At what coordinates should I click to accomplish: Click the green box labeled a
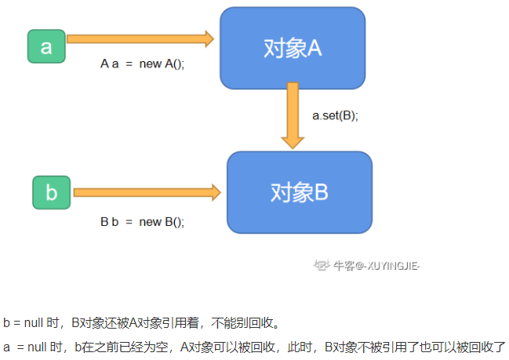click(46, 46)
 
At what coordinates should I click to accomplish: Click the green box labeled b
click(52, 193)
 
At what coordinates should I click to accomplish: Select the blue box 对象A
click(293, 48)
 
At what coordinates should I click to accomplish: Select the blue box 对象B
click(299, 192)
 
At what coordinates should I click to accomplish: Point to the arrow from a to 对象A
click(140, 38)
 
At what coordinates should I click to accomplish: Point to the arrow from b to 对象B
click(145, 191)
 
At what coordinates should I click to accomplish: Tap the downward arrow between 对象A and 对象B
click(293, 115)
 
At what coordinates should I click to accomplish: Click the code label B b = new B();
click(143, 222)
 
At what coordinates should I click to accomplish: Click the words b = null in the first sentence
click(24, 322)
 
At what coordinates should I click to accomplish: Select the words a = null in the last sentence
click(24, 346)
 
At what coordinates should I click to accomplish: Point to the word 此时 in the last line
click(283, 346)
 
